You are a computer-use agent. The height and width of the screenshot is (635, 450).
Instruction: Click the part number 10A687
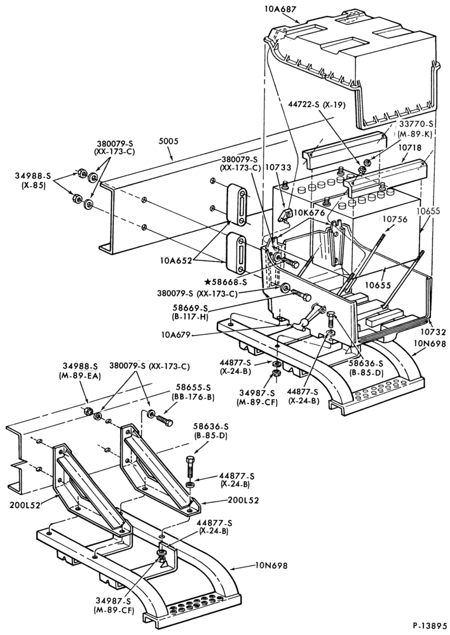click(x=274, y=9)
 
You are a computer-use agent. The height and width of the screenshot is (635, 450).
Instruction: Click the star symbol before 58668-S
click(x=208, y=281)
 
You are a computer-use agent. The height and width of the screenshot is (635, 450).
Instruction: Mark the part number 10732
click(x=434, y=332)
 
